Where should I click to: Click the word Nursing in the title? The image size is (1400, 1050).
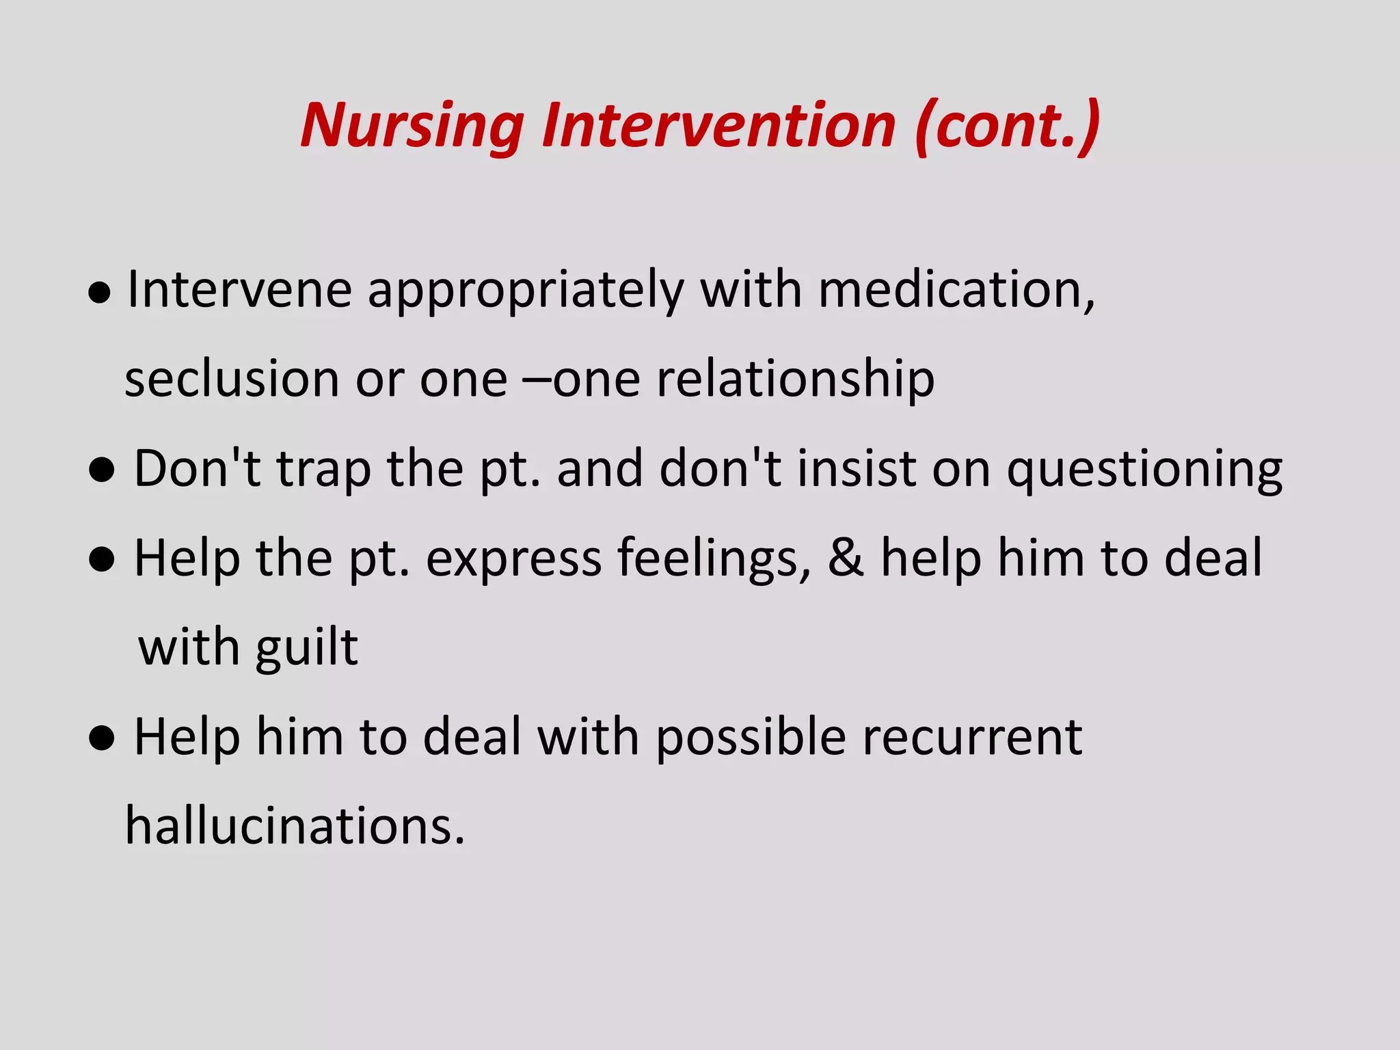tap(412, 126)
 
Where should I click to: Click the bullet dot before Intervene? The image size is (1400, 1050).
tap(100, 294)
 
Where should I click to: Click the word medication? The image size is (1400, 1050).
tap(956, 290)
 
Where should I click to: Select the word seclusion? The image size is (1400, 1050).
tap(232, 379)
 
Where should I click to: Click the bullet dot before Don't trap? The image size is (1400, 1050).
tap(101, 471)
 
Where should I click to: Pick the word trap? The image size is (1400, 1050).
tap(324, 470)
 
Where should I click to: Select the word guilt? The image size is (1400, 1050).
tap(306, 649)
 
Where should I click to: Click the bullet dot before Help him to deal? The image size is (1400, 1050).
tap(101, 739)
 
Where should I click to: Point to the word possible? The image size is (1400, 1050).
tap(751, 738)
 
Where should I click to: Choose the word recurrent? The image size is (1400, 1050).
tap(972, 738)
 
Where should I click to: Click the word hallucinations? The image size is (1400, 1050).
tap(295, 826)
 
